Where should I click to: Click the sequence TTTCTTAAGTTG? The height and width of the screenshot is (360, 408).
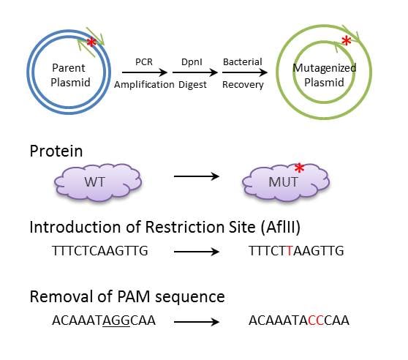(296, 251)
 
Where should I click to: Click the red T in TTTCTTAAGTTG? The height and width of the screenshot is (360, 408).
(290, 251)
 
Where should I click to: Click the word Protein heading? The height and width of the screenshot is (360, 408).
(56, 151)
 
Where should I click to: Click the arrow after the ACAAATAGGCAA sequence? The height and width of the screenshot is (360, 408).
(194, 320)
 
